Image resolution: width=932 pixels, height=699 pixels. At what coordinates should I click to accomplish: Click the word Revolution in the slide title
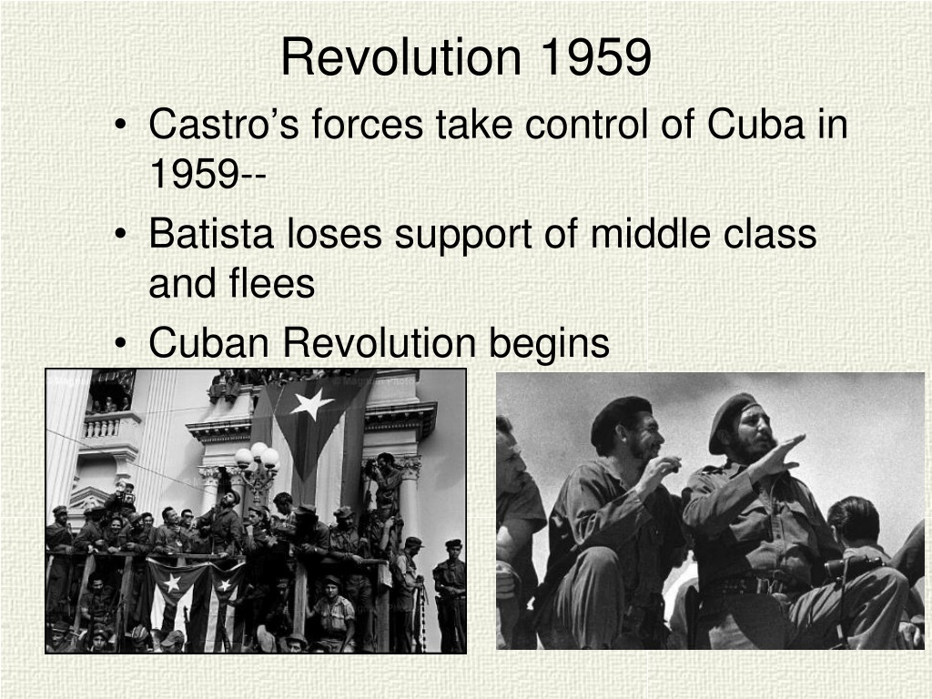[401, 56]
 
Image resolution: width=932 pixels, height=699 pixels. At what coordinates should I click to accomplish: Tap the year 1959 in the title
[596, 57]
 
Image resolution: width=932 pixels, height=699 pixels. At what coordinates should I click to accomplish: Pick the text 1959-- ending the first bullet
[208, 174]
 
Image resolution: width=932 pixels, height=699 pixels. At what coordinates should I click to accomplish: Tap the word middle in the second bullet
[650, 233]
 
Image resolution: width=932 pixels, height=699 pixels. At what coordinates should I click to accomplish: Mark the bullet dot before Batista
[121, 235]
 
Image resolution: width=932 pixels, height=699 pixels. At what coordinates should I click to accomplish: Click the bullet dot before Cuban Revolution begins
[121, 344]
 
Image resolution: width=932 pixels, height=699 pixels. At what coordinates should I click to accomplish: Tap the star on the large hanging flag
[311, 404]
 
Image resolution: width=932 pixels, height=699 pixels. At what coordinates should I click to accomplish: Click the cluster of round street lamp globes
[258, 457]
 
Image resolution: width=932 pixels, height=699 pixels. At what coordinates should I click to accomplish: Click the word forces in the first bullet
[368, 124]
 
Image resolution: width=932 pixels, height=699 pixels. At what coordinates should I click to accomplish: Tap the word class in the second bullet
[770, 233]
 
